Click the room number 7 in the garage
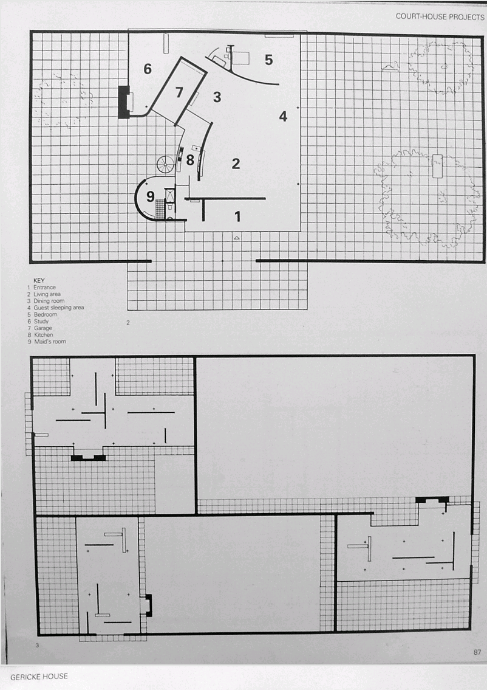179,92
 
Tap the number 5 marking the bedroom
269,60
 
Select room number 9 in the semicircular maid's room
151,196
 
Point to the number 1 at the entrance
238,216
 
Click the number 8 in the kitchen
190,160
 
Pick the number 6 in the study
148,69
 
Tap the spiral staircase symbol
166,165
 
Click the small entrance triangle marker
237,238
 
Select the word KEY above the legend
39,280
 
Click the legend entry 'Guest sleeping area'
58,308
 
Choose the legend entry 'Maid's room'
50,342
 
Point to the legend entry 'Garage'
43,328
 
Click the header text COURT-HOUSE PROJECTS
440,17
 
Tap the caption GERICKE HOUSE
39,677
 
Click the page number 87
477,652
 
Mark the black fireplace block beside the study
124,102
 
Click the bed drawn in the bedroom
240,58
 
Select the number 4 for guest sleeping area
283,116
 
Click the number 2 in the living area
236,164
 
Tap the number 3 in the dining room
217,97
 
